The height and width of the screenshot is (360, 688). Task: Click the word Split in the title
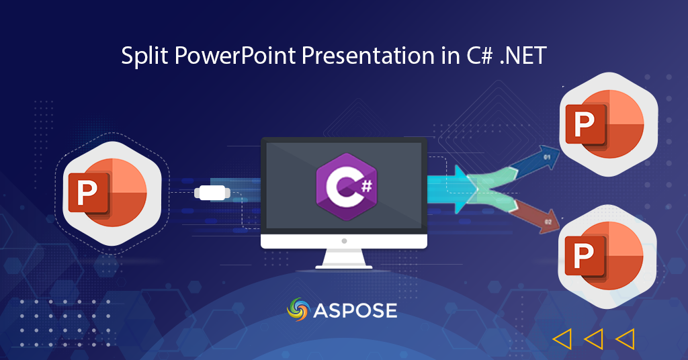tap(144, 56)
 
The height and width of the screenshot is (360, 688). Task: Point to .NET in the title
tap(523, 56)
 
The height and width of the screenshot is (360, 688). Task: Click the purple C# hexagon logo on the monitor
tap(346, 186)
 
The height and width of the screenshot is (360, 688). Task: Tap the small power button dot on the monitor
tap(344, 241)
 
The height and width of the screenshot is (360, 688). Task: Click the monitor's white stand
tap(344, 259)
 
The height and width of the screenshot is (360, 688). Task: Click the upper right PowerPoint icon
tap(609, 124)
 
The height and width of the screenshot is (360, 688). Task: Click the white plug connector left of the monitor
tap(212, 193)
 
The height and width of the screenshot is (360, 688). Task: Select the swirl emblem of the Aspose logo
tap(298, 309)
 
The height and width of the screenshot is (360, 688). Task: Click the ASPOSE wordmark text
tap(355, 311)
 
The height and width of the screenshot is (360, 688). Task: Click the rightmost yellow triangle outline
tap(626, 339)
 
